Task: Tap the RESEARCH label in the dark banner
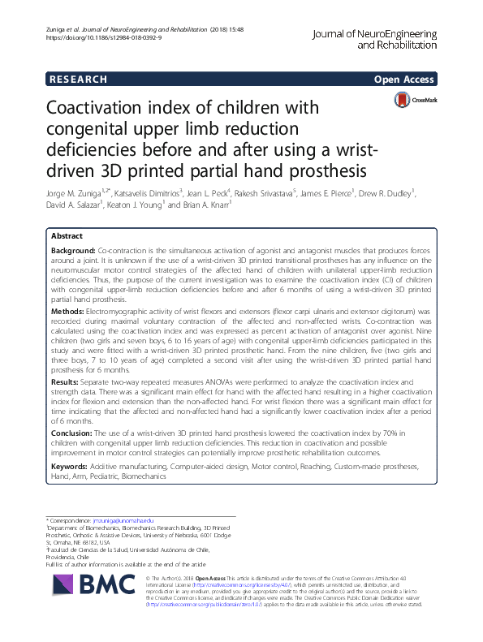(78, 79)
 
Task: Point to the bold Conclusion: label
(73, 433)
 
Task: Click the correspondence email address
(125, 519)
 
